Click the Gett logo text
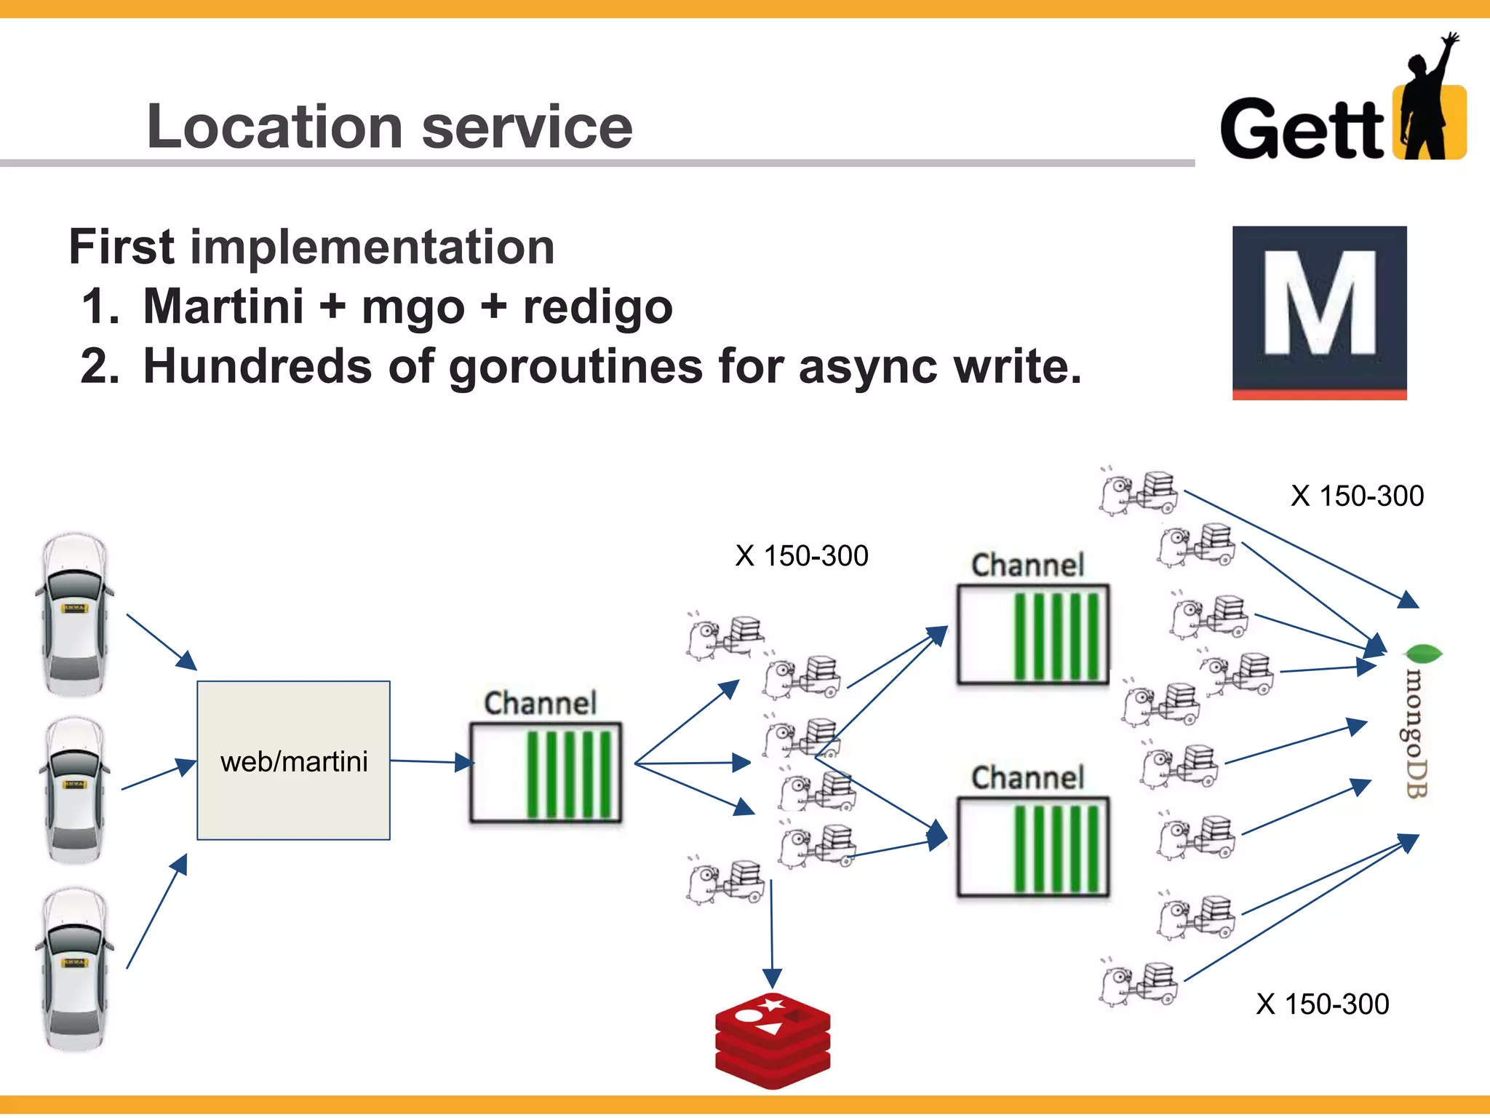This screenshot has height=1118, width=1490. (1302, 130)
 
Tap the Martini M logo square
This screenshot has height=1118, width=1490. (1319, 312)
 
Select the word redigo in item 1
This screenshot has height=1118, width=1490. (597, 306)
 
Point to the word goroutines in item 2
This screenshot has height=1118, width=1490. (575, 366)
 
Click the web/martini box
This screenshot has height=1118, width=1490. (293, 761)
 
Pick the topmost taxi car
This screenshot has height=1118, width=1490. (73, 614)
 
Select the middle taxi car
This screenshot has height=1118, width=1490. (73, 789)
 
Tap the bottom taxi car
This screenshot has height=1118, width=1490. (73, 968)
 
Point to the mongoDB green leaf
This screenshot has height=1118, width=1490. (1422, 653)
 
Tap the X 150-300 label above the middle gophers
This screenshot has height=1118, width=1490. (801, 556)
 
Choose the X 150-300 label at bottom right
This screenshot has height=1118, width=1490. (1322, 1004)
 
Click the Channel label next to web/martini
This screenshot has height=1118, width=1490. (540, 703)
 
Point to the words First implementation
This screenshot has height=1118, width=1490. (311, 247)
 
